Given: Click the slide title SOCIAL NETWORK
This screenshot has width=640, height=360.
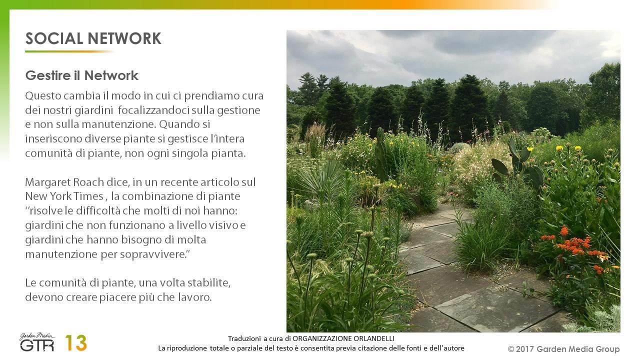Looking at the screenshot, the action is pyautogui.click(x=93, y=38).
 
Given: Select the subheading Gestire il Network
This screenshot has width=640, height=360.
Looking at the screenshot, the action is pyautogui.click(x=81, y=75).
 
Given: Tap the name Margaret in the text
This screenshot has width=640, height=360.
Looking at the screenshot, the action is pyautogui.click(x=48, y=182).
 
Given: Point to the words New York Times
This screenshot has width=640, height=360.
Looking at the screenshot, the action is pyautogui.click(x=64, y=196).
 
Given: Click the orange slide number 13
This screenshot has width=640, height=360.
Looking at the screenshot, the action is pyautogui.click(x=76, y=343).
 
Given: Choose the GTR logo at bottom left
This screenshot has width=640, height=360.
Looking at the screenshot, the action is pyautogui.click(x=37, y=342).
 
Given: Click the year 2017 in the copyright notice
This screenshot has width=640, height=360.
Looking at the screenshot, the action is pyautogui.click(x=525, y=349).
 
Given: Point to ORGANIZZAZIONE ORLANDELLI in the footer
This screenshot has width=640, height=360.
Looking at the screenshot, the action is pyautogui.click(x=343, y=338).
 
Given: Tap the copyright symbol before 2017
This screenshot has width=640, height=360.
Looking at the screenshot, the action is pyautogui.click(x=511, y=349).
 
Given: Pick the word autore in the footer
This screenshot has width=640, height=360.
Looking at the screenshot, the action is pyautogui.click(x=454, y=348).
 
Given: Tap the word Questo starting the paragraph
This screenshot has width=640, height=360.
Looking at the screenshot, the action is pyautogui.click(x=43, y=96).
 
